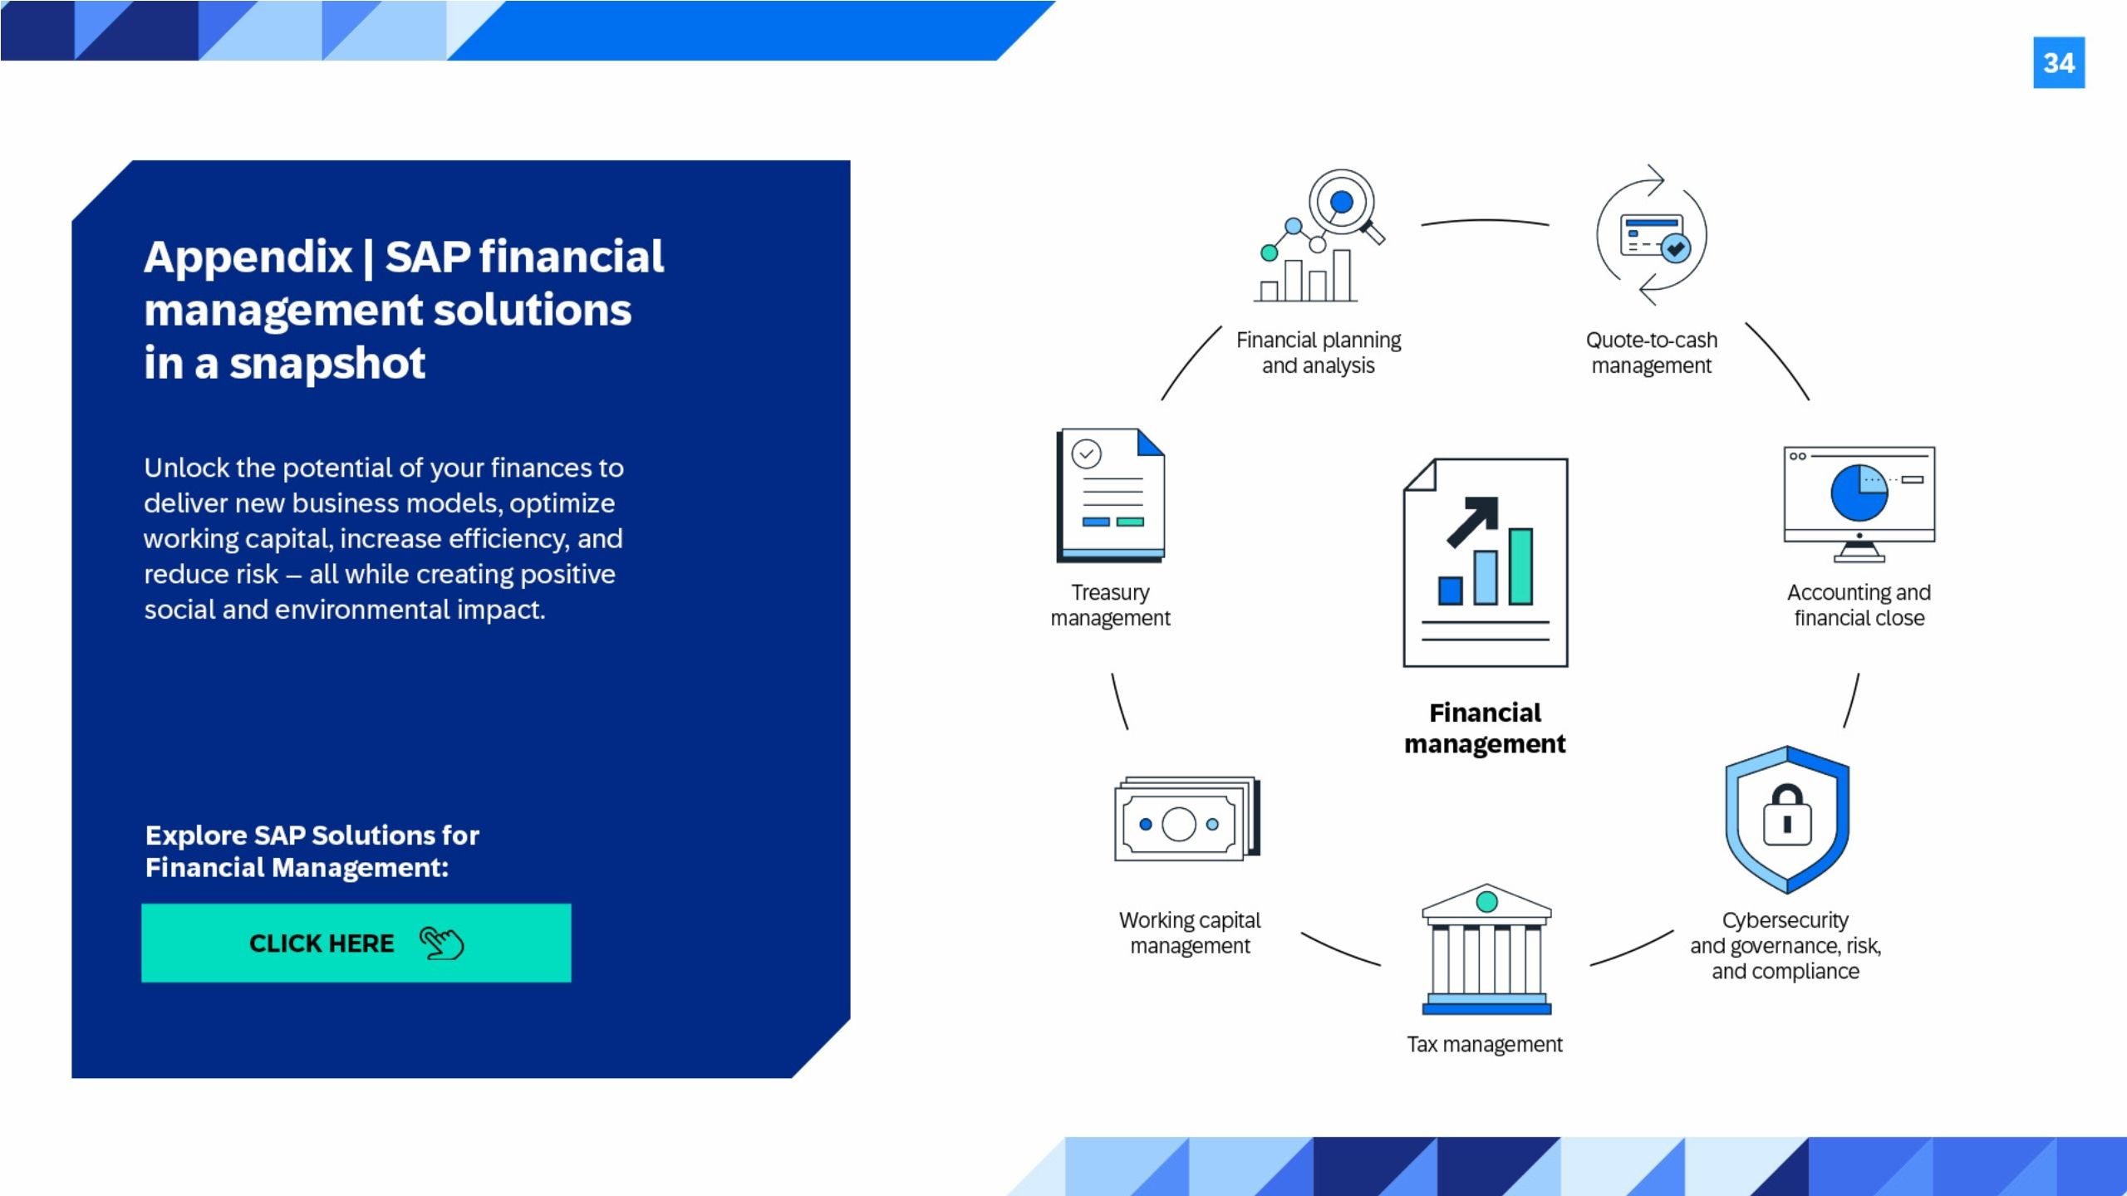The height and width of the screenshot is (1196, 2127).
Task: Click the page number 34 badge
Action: click(2058, 62)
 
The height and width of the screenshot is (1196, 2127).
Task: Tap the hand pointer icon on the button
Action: click(441, 943)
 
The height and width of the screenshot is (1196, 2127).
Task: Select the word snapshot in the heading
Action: click(327, 364)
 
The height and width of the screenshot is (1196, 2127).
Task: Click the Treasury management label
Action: click(1110, 605)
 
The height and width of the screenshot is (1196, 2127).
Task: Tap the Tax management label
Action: click(1484, 1044)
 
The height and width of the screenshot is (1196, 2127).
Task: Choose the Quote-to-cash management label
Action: click(1651, 353)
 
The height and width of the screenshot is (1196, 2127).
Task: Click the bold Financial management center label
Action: click(1485, 728)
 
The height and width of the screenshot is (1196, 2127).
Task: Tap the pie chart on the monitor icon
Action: click(1859, 493)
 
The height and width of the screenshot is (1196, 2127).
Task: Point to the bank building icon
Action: click(1486, 949)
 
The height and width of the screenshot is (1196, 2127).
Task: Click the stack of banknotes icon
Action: click(1187, 819)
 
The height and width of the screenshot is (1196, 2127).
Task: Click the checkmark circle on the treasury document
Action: click(1086, 453)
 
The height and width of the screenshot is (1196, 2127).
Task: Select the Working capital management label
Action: click(1189, 933)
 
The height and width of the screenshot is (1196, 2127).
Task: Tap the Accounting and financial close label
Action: click(1859, 605)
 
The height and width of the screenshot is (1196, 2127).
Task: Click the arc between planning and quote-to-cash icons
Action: click(1485, 221)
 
